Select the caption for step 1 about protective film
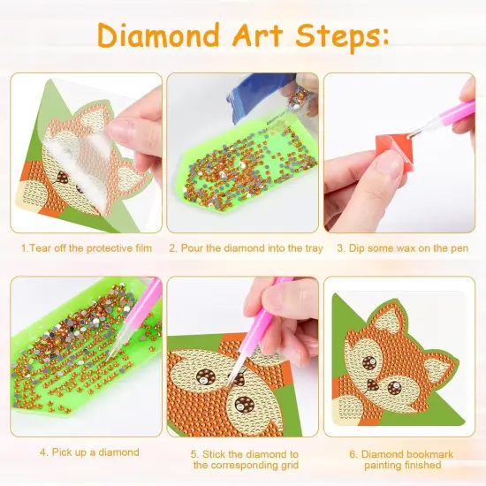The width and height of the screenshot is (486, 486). pyautogui.click(x=87, y=248)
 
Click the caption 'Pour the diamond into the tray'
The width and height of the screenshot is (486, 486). pyautogui.click(x=246, y=248)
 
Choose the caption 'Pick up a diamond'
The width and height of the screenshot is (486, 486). pyautogui.click(x=88, y=452)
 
